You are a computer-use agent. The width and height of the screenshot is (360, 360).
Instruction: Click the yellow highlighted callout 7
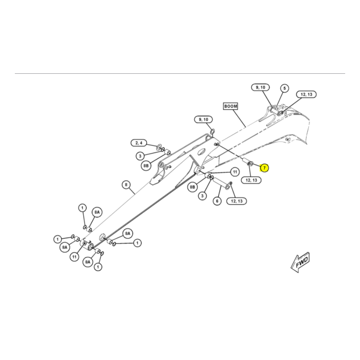tap(264, 168)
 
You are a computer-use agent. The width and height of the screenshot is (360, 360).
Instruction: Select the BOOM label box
tap(230, 106)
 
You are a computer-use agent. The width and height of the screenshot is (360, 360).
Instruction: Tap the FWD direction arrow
tap(300, 262)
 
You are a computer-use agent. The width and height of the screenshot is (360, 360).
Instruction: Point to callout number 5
tap(284, 88)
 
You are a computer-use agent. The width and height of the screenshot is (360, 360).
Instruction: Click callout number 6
tap(217, 201)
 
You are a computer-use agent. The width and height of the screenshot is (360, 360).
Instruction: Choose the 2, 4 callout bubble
tap(139, 143)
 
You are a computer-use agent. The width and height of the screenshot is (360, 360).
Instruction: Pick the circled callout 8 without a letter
tap(126, 184)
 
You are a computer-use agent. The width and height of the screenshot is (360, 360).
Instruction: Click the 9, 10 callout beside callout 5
tap(261, 87)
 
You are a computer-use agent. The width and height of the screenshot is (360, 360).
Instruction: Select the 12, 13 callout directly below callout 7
tap(252, 180)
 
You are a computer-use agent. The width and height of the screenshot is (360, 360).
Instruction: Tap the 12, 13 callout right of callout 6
tap(237, 201)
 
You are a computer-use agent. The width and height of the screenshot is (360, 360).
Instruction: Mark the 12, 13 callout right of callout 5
tap(306, 94)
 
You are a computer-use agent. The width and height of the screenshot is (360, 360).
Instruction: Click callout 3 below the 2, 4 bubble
tap(140, 156)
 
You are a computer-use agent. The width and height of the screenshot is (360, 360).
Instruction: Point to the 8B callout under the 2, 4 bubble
tap(146, 166)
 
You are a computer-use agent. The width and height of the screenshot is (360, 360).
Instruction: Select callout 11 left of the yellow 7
tap(234, 172)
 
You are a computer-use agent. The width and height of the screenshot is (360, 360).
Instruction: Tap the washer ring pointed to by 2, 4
tap(159, 147)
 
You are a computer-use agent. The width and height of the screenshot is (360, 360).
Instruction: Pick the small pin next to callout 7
tap(246, 162)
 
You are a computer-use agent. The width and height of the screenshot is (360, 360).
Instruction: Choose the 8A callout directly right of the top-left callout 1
tap(97, 212)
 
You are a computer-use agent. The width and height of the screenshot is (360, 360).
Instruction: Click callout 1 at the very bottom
tap(98, 267)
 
